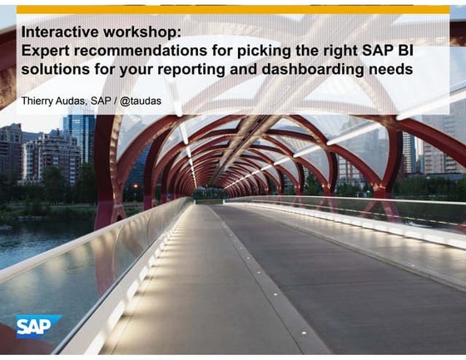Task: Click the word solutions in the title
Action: pyautogui.click(x=53, y=70)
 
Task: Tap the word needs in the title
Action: pyautogui.click(x=391, y=70)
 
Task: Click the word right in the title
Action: pyautogui.click(x=336, y=52)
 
